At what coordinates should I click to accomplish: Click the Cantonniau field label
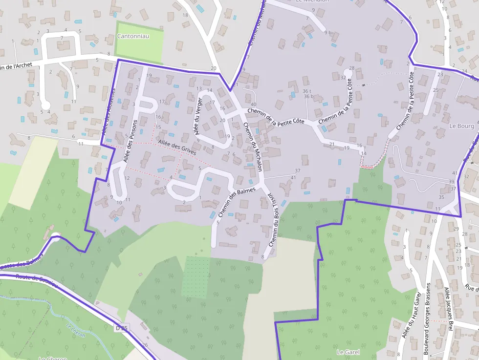(133, 36)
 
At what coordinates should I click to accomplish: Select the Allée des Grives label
(176, 147)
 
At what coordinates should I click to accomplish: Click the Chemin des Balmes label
(237, 202)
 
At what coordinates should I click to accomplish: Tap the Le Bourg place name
(459, 126)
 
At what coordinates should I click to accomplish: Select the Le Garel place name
(348, 352)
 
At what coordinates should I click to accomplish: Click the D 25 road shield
(121, 328)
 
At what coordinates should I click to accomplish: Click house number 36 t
(306, 91)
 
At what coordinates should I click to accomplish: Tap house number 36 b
(308, 96)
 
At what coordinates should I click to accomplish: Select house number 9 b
(327, 33)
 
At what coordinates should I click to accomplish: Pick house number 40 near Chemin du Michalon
(253, 104)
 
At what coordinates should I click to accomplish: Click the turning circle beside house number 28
(348, 73)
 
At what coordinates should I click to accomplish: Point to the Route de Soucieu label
(37, 280)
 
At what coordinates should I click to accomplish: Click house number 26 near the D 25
(145, 345)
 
